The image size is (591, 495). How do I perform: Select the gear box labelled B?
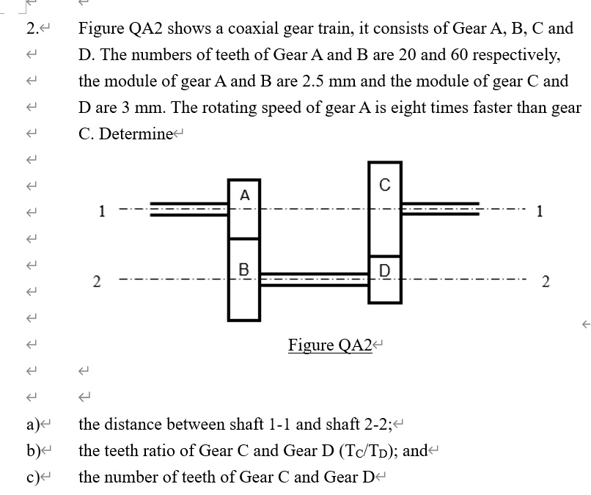coord(244,279)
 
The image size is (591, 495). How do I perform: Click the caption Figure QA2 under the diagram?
coord(330,345)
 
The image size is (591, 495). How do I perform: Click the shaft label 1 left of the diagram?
coord(103,212)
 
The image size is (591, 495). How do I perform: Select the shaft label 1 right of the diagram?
coord(540,212)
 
